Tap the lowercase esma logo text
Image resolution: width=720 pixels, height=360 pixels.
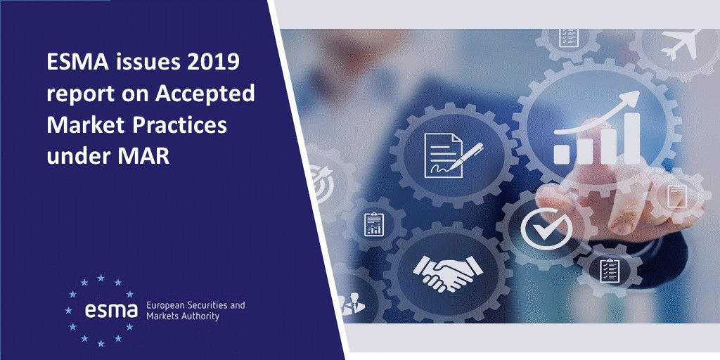click(x=109, y=309)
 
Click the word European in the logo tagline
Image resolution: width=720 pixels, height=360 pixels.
click(x=167, y=306)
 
